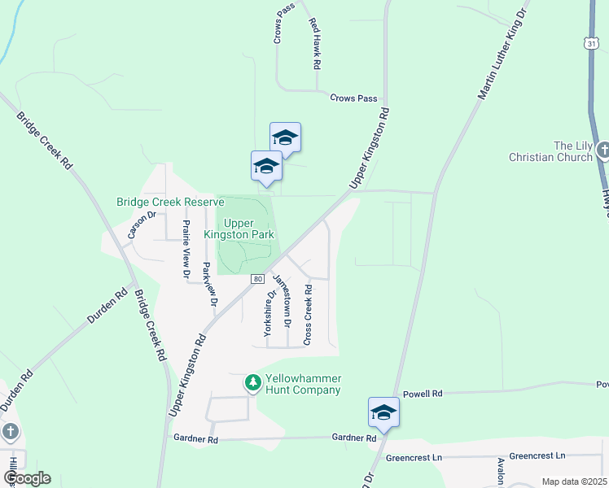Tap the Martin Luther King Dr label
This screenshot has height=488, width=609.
click(x=503, y=55)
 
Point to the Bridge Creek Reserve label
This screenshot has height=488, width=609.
click(x=169, y=203)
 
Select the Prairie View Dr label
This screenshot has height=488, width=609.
click(x=186, y=250)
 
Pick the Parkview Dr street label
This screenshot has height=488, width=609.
click(x=210, y=283)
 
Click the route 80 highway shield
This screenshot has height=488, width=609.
click(x=258, y=278)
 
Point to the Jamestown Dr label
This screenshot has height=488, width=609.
click(x=282, y=300)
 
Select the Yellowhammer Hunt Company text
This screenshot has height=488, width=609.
click(x=303, y=385)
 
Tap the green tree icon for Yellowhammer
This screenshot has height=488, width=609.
click(x=253, y=381)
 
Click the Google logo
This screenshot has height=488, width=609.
click(x=26, y=478)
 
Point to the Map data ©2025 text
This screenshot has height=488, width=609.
click(x=574, y=481)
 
